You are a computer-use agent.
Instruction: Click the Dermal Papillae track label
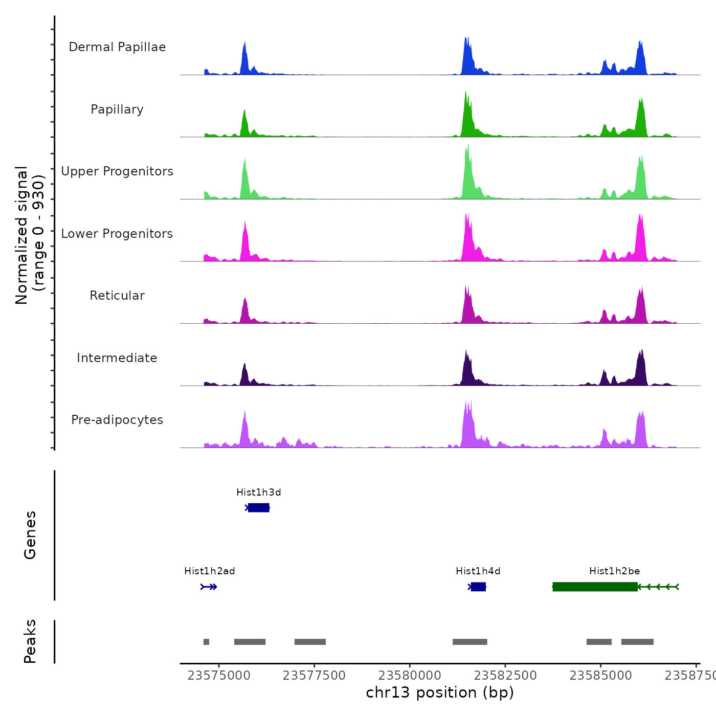[117, 47]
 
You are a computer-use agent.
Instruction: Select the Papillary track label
[117, 109]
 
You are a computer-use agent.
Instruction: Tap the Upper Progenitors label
[117, 171]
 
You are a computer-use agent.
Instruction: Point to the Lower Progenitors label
[117, 234]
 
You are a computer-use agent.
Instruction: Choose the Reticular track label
[117, 296]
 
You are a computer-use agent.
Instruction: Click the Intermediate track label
[117, 358]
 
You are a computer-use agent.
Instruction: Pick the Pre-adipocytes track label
[117, 420]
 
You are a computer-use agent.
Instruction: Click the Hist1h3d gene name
[259, 493]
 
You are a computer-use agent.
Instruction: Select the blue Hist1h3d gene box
[259, 508]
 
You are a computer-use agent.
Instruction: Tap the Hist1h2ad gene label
[210, 571]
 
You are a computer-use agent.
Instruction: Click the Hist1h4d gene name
[478, 571]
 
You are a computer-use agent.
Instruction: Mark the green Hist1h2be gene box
[595, 587]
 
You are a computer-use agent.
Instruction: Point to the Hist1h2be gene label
[615, 571]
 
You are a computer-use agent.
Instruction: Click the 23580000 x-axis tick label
[410, 676]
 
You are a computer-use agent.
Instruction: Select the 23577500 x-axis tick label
[314, 676]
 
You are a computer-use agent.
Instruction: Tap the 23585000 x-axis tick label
[601, 676]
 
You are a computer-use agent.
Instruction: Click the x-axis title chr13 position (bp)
[440, 692]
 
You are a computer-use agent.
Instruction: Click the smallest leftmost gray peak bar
[206, 642]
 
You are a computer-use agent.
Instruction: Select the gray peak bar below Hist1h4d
[469, 642]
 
